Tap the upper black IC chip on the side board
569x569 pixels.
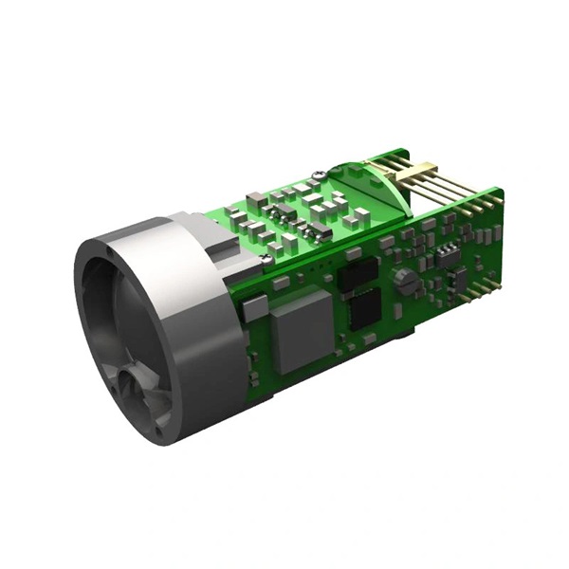point(357,274)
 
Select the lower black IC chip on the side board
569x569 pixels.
point(365,309)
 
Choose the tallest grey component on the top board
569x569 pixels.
point(256,201)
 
